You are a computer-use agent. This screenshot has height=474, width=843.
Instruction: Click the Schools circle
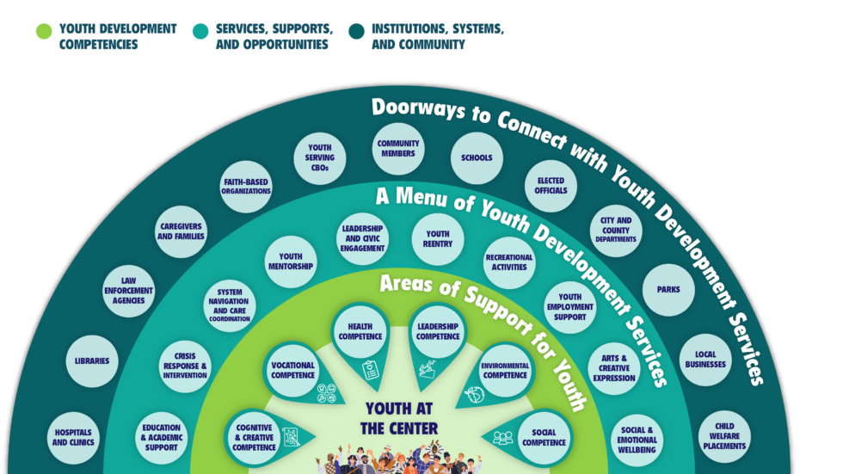[x=477, y=158]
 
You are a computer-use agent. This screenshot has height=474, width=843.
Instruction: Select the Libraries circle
[x=92, y=361]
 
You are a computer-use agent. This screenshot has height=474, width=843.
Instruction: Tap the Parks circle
[x=668, y=289]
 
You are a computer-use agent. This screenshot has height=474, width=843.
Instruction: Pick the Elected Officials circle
[x=551, y=185]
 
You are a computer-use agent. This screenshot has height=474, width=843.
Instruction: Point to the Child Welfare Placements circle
[x=724, y=437]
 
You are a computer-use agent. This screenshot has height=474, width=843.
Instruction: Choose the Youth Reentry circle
[x=437, y=239]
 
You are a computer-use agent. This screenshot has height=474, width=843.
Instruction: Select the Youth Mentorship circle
[x=291, y=262]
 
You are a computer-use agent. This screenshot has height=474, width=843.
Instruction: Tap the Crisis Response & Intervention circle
[x=185, y=366]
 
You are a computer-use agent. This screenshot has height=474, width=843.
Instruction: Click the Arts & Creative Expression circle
[x=614, y=367]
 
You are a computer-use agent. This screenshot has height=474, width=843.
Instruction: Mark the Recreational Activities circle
[x=509, y=262]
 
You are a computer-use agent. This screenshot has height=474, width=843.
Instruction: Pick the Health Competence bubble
[x=360, y=331]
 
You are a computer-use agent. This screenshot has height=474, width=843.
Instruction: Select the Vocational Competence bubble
[x=292, y=370]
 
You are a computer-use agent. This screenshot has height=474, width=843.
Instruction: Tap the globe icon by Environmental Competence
[x=474, y=394]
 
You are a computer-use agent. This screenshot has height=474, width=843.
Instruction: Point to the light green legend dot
[x=43, y=32]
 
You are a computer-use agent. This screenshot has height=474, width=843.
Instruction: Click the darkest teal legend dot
[x=356, y=32]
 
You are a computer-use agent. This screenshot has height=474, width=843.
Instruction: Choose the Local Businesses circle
[x=705, y=360]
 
